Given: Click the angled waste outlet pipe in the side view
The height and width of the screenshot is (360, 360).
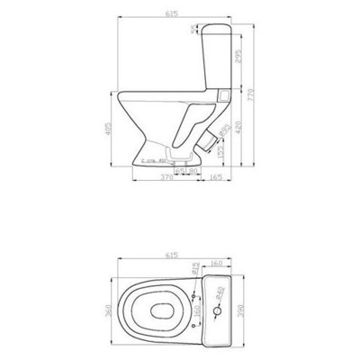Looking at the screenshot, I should (210, 137).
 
